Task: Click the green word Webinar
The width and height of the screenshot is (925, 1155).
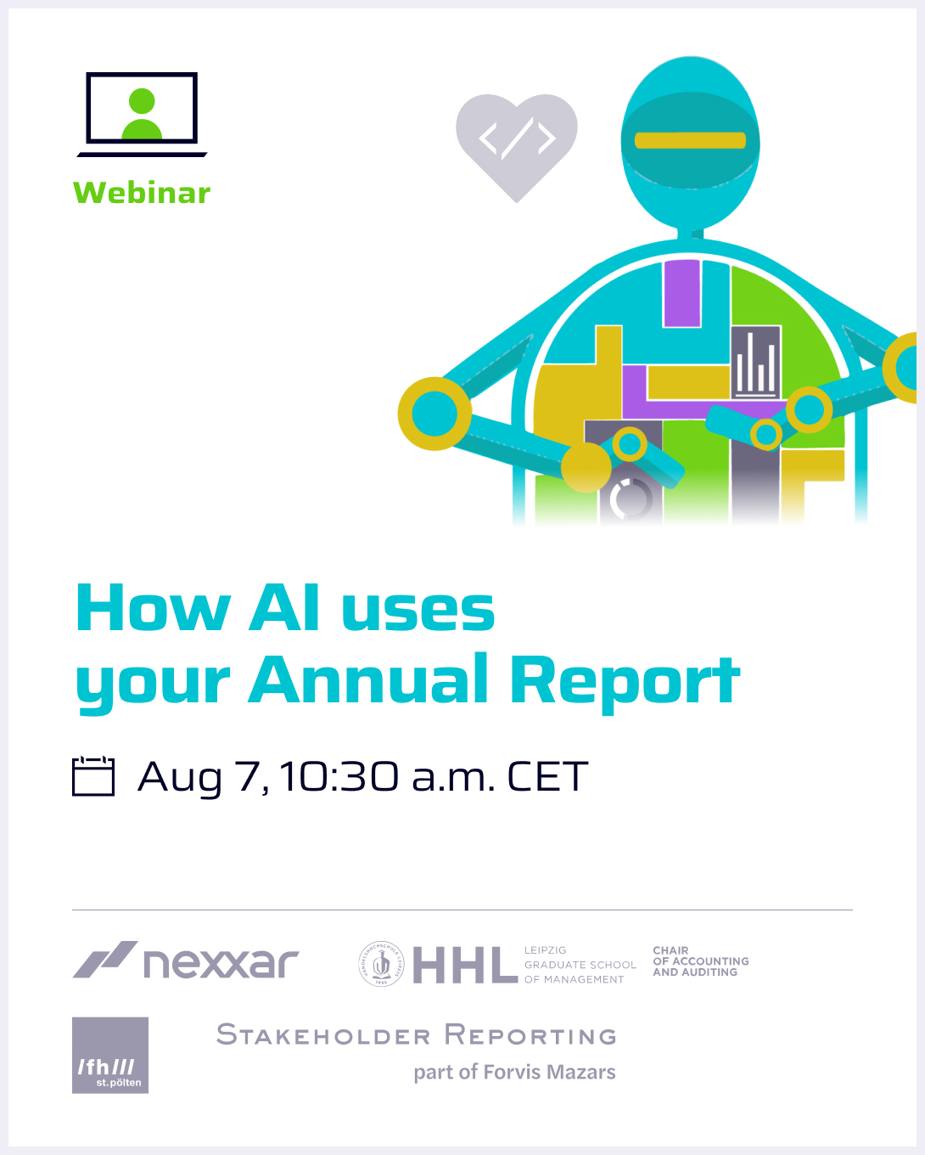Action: tap(142, 193)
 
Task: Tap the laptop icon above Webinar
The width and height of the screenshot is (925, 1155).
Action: tap(142, 115)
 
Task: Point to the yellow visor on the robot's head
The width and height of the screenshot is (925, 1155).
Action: tap(690, 140)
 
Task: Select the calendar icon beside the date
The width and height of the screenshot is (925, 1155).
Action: tap(93, 775)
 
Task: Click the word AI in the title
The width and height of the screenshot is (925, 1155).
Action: tap(283, 607)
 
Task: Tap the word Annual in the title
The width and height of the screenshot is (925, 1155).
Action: tap(367, 679)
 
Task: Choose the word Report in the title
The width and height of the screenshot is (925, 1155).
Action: tap(625, 684)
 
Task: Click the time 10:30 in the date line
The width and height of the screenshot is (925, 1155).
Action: tap(339, 775)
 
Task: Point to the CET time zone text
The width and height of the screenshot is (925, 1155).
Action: tap(547, 776)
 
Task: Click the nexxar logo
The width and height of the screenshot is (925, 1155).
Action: tap(186, 961)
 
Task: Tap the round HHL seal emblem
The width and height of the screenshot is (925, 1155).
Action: tap(381, 964)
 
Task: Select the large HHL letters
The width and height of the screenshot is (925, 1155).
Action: tap(465, 965)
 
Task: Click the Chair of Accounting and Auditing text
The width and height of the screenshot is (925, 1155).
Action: tap(701, 961)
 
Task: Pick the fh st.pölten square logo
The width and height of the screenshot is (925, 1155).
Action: tap(110, 1055)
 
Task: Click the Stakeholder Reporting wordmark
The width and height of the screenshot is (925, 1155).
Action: tap(416, 1034)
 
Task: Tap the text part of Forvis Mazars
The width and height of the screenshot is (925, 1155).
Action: tap(515, 1072)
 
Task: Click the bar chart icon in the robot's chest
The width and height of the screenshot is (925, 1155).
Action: tap(755, 363)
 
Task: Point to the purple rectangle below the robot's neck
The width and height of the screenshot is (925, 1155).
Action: tap(682, 293)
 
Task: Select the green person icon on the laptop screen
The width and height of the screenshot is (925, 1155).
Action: tap(142, 113)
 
